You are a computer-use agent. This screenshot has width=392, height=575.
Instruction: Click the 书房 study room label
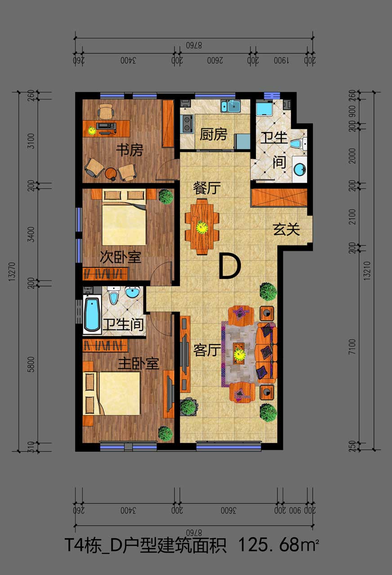129,150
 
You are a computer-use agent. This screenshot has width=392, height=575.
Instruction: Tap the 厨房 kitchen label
214,134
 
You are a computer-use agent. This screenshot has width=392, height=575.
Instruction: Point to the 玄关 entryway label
286,229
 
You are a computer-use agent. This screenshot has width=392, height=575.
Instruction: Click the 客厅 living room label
207,350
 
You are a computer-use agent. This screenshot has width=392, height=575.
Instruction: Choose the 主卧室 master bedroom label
138,363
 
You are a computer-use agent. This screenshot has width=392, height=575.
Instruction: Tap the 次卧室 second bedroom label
120,257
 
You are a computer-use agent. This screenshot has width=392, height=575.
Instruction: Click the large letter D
230,265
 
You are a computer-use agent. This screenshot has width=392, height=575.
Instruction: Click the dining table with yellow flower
202,226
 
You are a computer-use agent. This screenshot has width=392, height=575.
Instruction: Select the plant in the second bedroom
166,197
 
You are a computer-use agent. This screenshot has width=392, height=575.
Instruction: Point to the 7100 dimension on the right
352,347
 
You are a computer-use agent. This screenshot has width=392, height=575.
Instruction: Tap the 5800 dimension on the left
31,364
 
